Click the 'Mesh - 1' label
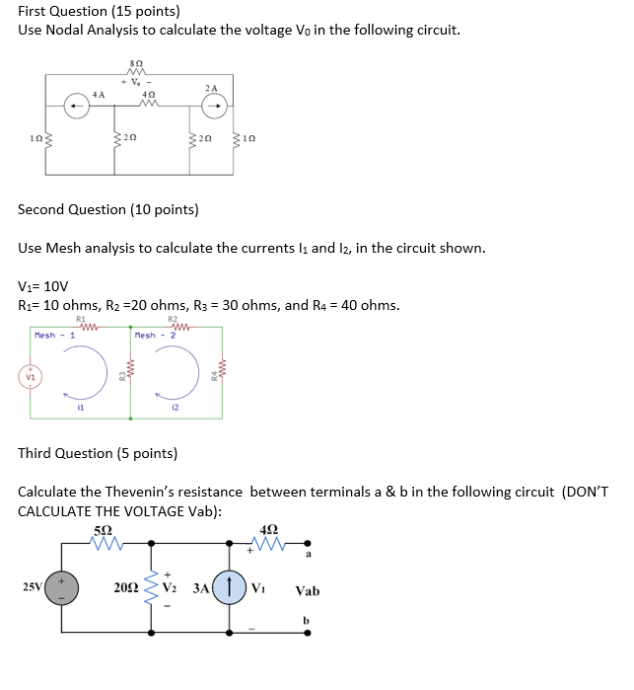[54, 335]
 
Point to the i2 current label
[174, 406]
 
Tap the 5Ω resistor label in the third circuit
[103, 530]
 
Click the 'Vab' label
[307, 591]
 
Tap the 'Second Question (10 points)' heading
[108, 209]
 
